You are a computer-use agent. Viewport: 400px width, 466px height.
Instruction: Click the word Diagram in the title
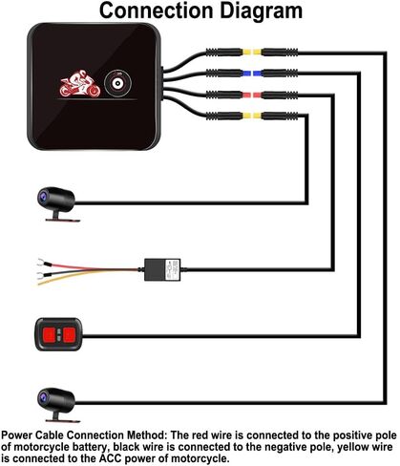pyautogui.click(x=261, y=11)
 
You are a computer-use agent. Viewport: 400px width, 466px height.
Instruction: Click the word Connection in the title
pyautogui.click(x=156, y=11)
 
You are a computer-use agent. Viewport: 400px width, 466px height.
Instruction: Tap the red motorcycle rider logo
pyautogui.click(x=80, y=83)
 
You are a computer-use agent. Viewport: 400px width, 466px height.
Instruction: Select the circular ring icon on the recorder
pyautogui.click(x=117, y=84)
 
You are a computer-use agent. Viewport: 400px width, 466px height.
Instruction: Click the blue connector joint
pyautogui.click(x=252, y=74)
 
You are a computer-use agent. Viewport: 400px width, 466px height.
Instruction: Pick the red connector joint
pyautogui.click(x=252, y=95)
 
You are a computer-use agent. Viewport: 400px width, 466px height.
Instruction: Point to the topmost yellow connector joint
pyautogui.click(x=252, y=52)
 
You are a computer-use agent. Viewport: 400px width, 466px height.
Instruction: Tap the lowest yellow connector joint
pyautogui.click(x=252, y=116)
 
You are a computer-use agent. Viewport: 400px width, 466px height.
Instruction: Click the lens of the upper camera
pyautogui.click(x=43, y=197)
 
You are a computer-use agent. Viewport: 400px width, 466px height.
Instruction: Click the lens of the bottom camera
pyautogui.click(x=43, y=396)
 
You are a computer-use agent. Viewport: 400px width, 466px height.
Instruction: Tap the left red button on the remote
pyautogui.click(x=50, y=334)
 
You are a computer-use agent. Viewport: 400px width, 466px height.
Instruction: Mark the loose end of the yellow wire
pyautogui.click(x=41, y=283)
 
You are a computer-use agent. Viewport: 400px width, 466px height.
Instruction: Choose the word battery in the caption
pyautogui.click(x=91, y=447)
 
